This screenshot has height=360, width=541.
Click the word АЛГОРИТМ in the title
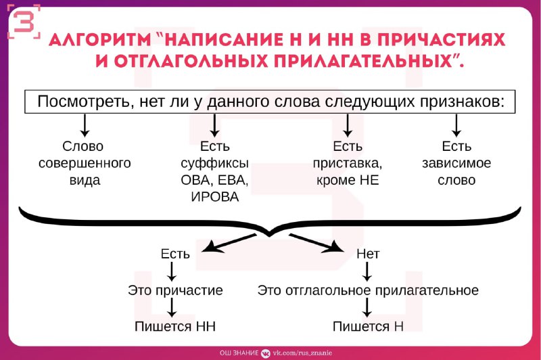[100, 40]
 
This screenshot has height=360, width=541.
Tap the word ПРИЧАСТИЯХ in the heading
[441, 40]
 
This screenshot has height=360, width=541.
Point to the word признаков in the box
[463, 102]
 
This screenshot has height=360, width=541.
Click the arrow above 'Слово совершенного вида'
[85, 125]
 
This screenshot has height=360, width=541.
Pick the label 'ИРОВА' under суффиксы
[215, 197]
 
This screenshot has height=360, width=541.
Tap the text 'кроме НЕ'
[348, 180]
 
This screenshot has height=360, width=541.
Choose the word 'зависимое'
[456, 163]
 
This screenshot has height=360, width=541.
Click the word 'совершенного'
[85, 163]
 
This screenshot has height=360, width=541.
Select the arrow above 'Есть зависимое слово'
[456, 125]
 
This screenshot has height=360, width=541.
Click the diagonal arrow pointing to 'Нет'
[316, 244]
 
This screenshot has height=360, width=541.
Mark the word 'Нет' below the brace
[368, 254]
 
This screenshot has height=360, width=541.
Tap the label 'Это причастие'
[175, 290]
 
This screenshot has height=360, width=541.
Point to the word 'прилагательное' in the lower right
[427, 290]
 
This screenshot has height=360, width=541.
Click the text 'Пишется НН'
[175, 327]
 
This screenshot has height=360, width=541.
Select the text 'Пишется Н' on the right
[368, 327]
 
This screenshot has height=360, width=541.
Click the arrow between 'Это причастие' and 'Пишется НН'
[172, 307]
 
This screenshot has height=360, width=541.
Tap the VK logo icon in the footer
[265, 353]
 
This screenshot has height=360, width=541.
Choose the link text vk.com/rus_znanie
[302, 353]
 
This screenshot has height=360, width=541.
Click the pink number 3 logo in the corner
[24, 22]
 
